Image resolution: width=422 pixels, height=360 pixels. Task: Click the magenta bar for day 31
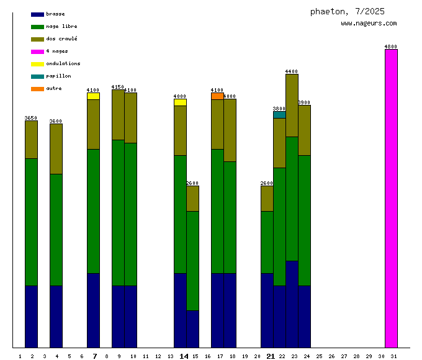coord(391,199)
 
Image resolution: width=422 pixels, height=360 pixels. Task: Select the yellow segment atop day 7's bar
coord(93,96)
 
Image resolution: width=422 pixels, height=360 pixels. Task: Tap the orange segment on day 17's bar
coord(217,96)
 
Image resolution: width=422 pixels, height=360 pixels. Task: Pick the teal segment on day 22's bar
coord(279,115)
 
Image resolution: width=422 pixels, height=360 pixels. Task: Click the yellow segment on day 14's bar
coord(180,102)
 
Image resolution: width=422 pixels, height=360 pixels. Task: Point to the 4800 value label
coord(391,47)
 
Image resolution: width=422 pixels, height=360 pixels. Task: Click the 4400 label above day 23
coord(292,71)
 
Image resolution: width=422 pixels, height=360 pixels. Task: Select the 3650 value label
coord(31,118)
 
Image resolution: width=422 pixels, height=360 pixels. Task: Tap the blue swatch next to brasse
coord(37,14)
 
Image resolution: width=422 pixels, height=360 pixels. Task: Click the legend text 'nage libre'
coord(61,26)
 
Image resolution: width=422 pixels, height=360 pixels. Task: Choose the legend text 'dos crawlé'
coord(61,38)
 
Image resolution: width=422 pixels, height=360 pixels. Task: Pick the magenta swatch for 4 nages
coord(37,52)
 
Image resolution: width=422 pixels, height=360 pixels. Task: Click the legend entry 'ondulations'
coord(63,63)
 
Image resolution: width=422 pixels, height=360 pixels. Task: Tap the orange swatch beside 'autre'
coord(37,89)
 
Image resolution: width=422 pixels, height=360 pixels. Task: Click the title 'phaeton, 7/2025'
coord(348,11)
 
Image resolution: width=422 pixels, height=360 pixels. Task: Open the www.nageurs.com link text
coord(369,24)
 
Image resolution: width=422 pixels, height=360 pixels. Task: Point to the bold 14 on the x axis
coord(184,356)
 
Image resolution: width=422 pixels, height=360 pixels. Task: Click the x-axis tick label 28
coord(356,356)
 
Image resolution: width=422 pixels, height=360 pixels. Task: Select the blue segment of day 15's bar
coord(192,329)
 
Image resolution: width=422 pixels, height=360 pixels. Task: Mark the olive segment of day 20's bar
coord(267,199)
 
